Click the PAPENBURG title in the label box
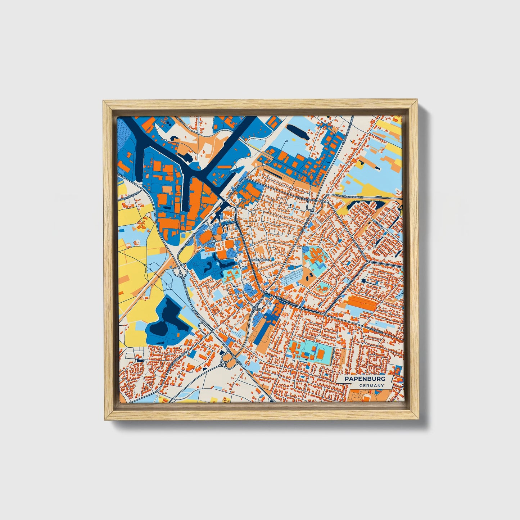(365, 379)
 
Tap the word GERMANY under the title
(371, 385)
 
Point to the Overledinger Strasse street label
(348, 196)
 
